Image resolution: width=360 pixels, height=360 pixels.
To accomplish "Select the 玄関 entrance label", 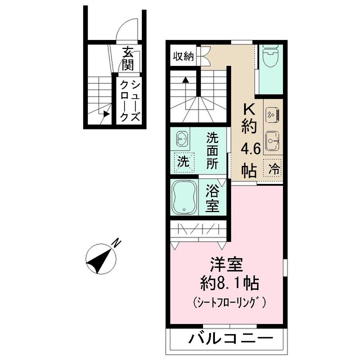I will pos(129,58).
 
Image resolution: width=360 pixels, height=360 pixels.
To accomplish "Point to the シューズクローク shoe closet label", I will pos(129,101).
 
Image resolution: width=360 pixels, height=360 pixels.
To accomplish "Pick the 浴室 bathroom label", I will pos(212,199).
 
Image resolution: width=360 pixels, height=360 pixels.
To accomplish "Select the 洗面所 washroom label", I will pos(212,150).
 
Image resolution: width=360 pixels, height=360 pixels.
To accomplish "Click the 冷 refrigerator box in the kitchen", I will pos(274,168).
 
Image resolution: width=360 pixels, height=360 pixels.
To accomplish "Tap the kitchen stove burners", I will pos(272,114).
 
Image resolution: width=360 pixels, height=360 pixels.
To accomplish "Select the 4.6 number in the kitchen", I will pos(249,149).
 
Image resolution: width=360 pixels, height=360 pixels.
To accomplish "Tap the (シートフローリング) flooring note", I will pos(228,301).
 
